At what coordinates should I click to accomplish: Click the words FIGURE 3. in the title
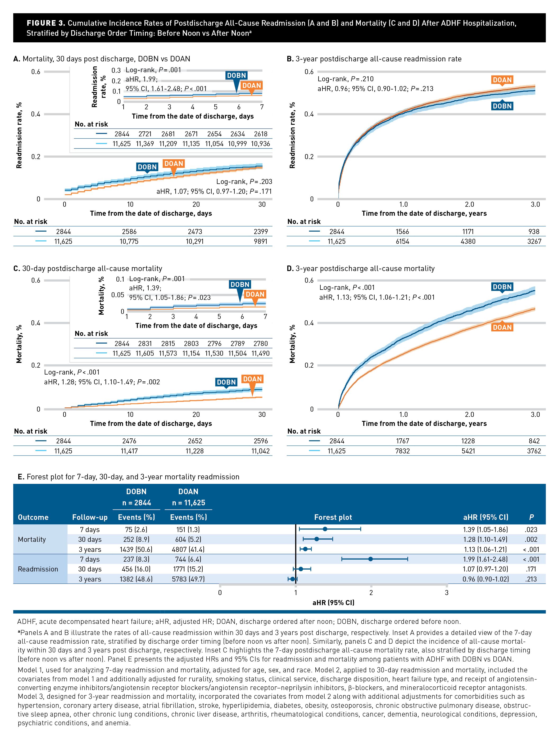(x=46, y=23)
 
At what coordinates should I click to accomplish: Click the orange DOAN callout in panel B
(x=502, y=80)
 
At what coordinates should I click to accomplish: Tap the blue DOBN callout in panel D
(x=502, y=287)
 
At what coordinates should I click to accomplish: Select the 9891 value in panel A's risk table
(x=261, y=241)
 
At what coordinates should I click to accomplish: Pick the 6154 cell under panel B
(x=402, y=241)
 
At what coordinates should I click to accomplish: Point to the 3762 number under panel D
(x=534, y=451)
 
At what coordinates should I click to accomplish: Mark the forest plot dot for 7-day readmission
(x=370, y=559)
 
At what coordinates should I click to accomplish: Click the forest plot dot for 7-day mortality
(x=325, y=529)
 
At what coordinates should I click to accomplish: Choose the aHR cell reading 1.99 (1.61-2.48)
(x=485, y=559)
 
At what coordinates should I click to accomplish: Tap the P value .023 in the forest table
(x=531, y=530)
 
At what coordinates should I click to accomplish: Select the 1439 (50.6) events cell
(x=136, y=550)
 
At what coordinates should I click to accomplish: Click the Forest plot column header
(x=333, y=517)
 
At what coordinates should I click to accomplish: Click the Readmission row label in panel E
(x=38, y=569)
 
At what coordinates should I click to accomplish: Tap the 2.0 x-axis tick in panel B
(x=469, y=204)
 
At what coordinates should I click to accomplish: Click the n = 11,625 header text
(x=188, y=503)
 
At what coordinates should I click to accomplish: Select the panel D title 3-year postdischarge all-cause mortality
(x=365, y=268)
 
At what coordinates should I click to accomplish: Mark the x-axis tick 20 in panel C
(x=196, y=415)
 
